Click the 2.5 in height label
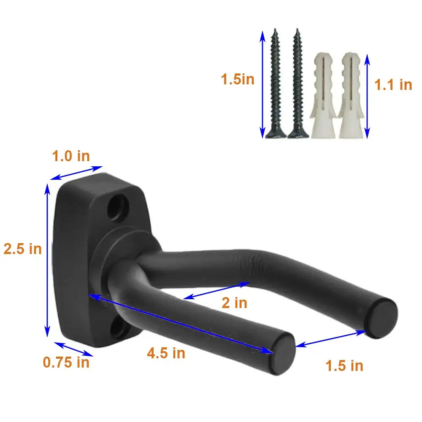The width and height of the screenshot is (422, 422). click(23, 249)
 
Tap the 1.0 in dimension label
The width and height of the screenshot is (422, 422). click(71, 156)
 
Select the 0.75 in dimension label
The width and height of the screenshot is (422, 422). click(66, 362)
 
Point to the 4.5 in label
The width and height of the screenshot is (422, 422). click(166, 353)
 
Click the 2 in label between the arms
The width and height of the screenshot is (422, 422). click(234, 303)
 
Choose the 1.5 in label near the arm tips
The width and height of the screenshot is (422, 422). click(344, 365)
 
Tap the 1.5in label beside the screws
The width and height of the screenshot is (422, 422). click(238, 79)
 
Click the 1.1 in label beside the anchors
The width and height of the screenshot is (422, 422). click(393, 85)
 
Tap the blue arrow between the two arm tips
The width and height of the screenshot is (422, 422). click(330, 339)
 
